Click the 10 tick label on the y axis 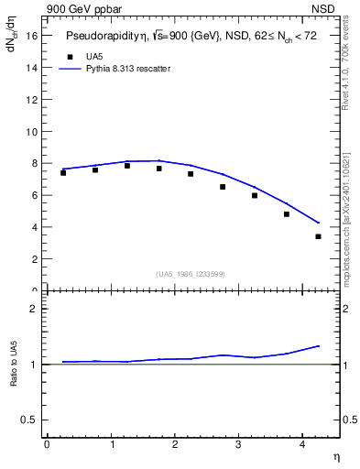tap(32, 131)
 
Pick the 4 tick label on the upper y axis tap(35, 227)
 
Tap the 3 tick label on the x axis tap(238, 444)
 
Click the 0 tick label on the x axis tap(47, 444)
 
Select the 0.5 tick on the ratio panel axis tap(29, 420)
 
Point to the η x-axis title tap(335, 456)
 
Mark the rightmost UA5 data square tap(318, 236)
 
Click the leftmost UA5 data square tap(63, 172)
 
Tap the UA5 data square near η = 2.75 tap(223, 187)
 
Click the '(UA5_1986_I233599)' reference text tap(191, 274)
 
